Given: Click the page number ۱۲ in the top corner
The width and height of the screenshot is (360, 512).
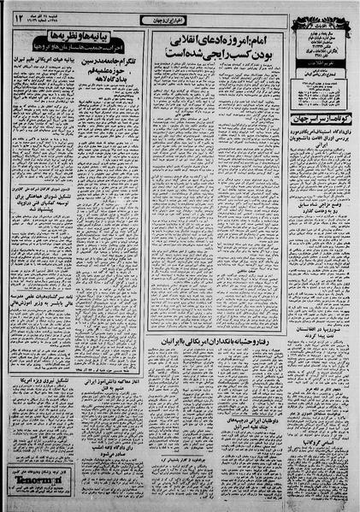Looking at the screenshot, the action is click(19, 15).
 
